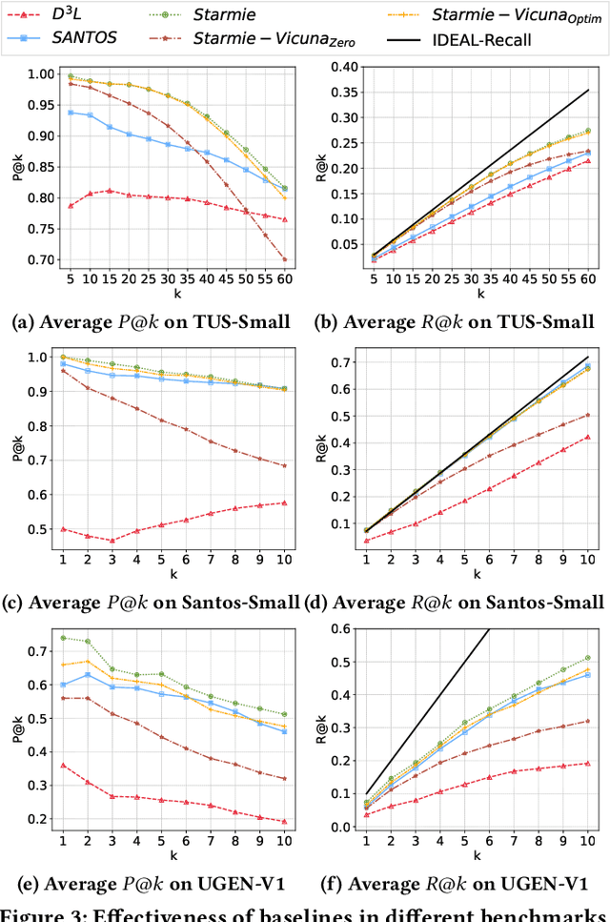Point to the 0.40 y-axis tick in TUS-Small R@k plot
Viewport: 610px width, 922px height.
pyautogui.click(x=341, y=68)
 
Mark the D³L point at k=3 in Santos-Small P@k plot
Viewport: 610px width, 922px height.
pyautogui.click(x=112, y=541)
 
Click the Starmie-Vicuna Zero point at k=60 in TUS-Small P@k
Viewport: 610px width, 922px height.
pyautogui.click(x=284, y=259)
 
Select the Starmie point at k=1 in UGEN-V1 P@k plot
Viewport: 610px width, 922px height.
pyautogui.click(x=63, y=638)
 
